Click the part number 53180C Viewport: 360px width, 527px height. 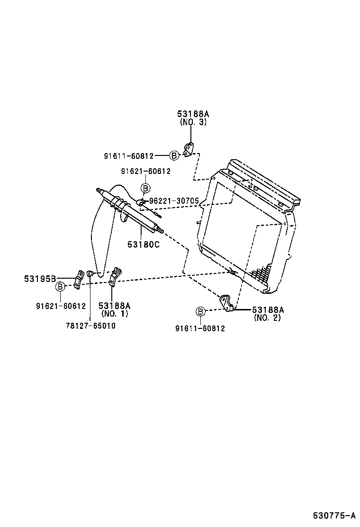143,245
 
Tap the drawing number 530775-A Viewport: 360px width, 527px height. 333,516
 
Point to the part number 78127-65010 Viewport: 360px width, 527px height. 90,326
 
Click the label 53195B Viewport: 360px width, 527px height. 40,279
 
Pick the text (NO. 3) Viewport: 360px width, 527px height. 193,122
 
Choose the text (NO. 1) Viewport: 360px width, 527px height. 114,314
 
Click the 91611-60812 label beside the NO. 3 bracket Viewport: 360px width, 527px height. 129,155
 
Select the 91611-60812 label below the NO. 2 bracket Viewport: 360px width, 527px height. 200,328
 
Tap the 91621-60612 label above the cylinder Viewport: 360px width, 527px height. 145,172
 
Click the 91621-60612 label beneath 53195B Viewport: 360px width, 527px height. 61,306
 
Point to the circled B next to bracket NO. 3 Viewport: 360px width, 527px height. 174,155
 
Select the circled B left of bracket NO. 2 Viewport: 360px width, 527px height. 200,311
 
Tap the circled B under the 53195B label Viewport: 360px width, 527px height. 60,286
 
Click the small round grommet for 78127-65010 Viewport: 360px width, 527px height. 90,273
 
